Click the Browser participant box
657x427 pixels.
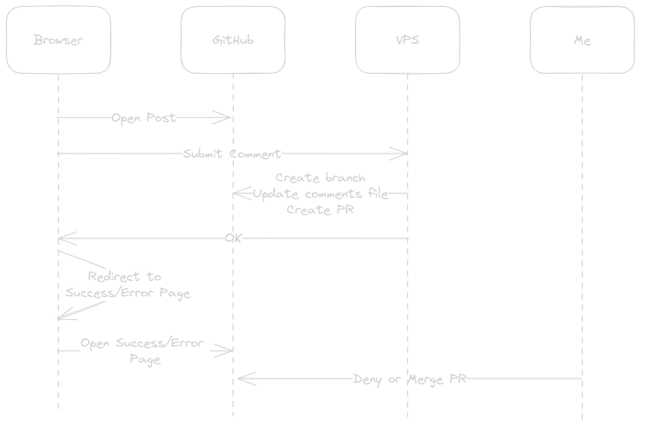[59, 40]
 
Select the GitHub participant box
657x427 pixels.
[233, 40]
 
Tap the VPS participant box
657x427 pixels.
[408, 40]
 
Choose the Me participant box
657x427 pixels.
[582, 40]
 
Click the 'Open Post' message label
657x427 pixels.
[143, 118]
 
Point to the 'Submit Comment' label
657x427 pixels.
[232, 154]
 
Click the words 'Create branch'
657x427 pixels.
[320, 177]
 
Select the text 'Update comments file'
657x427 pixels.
[321, 194]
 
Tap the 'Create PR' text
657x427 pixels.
[320, 210]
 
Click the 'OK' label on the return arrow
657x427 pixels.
[233, 239]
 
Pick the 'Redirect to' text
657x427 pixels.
[124, 277]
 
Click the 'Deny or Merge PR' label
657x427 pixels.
[410, 379]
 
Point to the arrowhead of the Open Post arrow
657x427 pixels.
[226, 118]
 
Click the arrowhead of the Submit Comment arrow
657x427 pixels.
[402, 153]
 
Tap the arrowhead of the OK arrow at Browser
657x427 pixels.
[63, 239]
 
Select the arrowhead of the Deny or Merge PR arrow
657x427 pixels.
[243, 379]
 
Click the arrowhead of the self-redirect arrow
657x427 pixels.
[62, 317]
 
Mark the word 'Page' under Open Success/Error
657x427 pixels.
[145, 359]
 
